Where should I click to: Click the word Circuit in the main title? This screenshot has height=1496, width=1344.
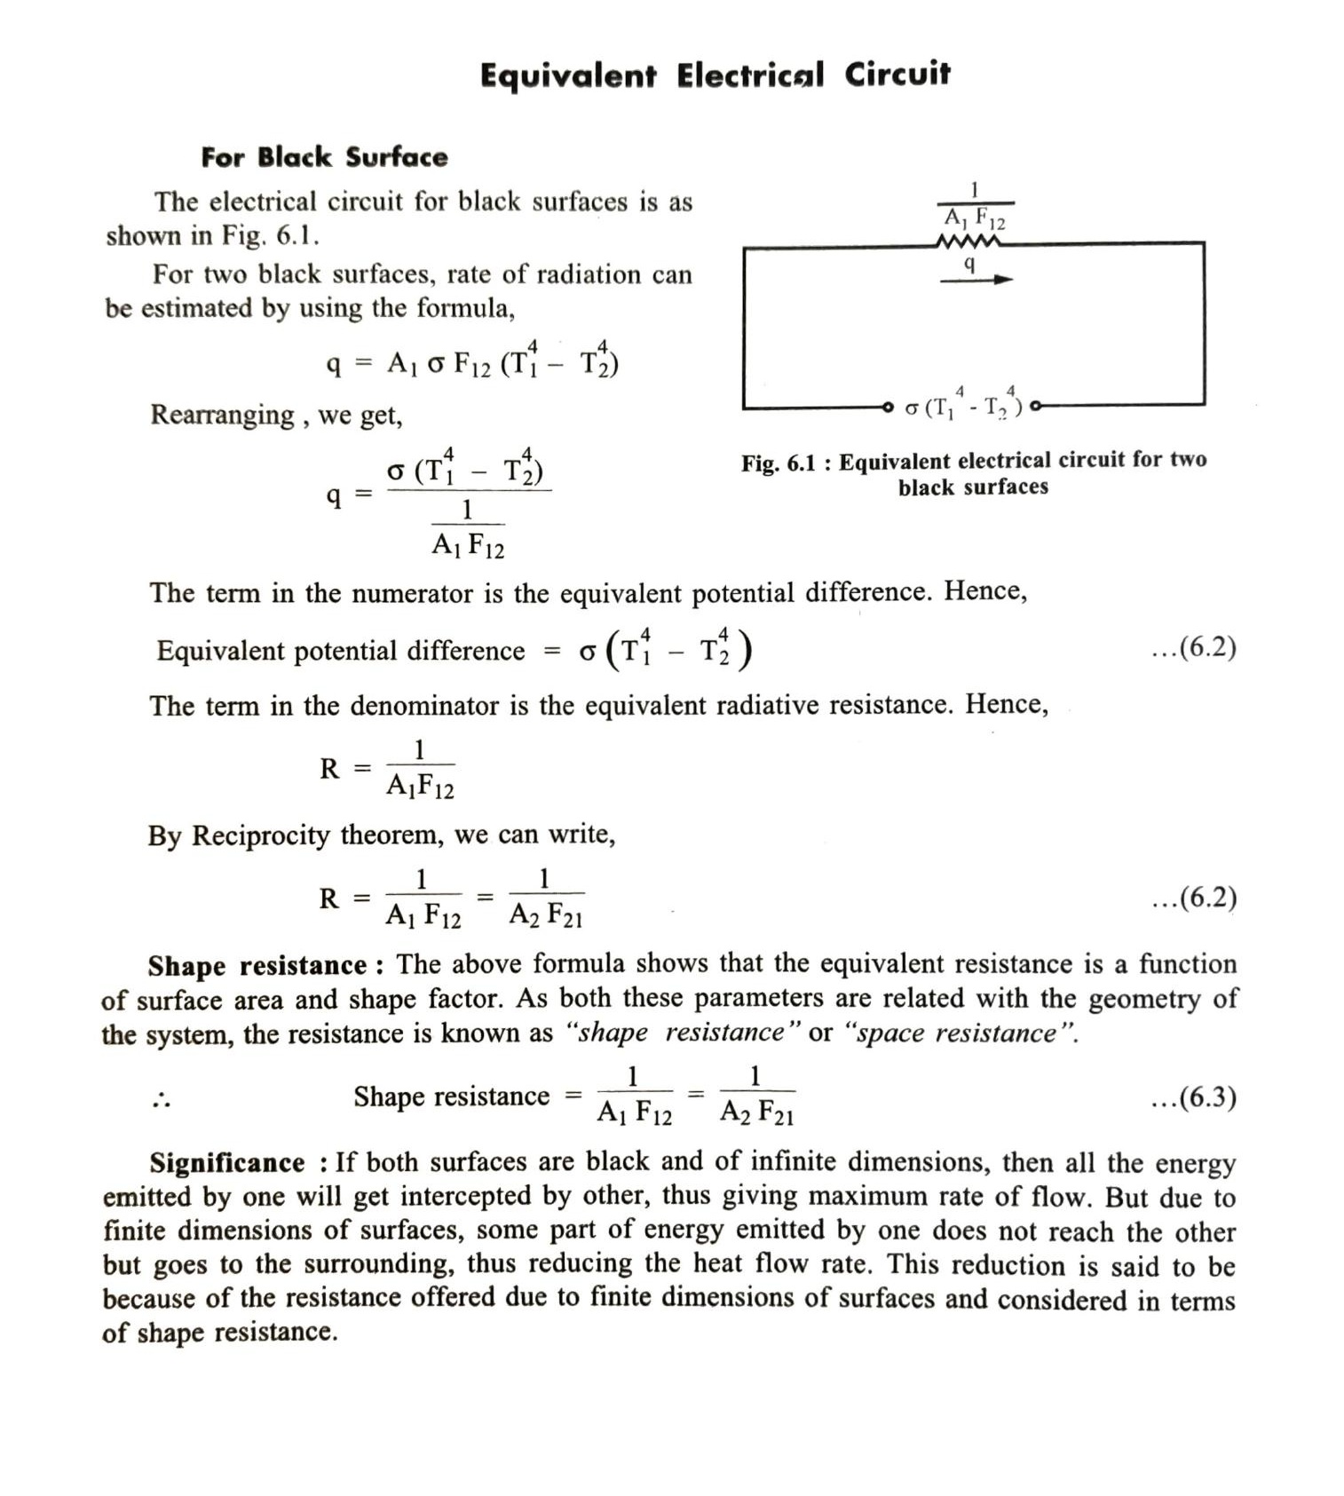pyautogui.click(x=897, y=75)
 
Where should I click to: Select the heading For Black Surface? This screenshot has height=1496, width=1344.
pyautogui.click(x=324, y=157)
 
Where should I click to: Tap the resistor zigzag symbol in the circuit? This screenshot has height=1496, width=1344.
pyautogui.click(x=969, y=241)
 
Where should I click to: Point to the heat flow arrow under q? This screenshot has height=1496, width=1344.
pyautogui.click(x=976, y=280)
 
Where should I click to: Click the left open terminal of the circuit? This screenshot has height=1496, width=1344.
pyautogui.click(x=887, y=407)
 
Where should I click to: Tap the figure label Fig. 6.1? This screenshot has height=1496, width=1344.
pyautogui.click(x=778, y=463)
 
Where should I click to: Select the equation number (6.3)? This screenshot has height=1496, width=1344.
pyautogui.click(x=1193, y=1097)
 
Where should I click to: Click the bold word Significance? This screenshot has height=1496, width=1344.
pyautogui.click(x=226, y=1162)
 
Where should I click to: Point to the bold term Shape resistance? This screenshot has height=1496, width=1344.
pyautogui.click(x=257, y=965)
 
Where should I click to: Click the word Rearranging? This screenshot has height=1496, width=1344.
pyautogui.click(x=222, y=415)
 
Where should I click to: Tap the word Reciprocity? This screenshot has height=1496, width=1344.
pyautogui.click(x=260, y=835)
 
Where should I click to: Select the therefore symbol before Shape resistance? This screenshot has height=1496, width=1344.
pyautogui.click(x=161, y=1101)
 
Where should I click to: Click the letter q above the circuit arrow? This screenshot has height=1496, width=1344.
pyautogui.click(x=969, y=264)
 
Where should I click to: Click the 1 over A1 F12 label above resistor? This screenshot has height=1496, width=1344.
pyautogui.click(x=974, y=205)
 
